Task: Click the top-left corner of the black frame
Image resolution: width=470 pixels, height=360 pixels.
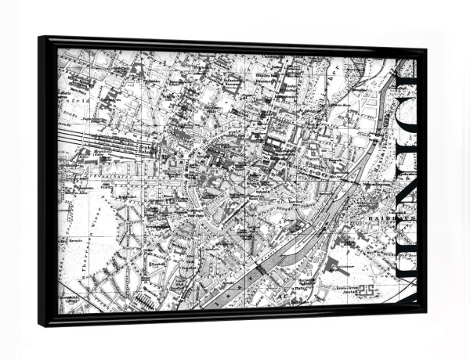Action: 38,37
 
